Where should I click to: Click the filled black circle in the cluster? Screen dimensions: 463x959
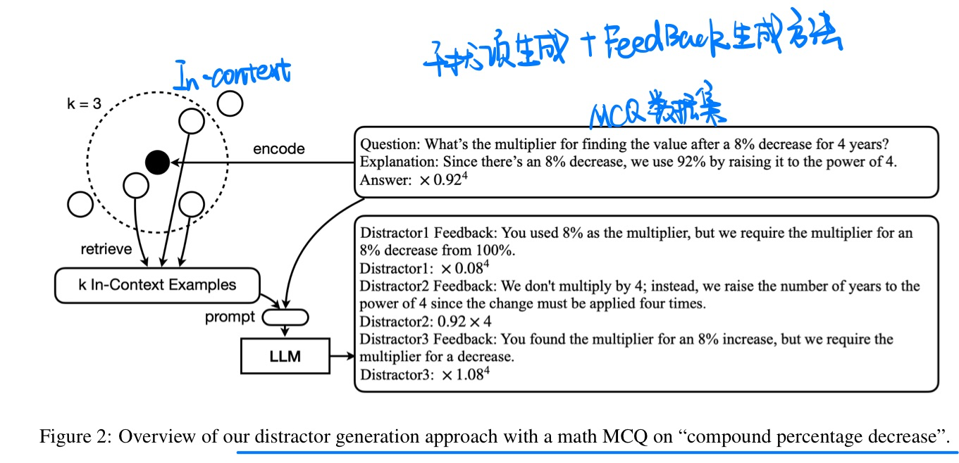click(157, 163)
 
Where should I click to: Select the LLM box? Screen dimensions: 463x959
click(285, 356)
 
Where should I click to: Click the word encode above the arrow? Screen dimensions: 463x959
click(279, 148)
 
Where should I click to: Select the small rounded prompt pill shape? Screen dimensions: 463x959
click(285, 317)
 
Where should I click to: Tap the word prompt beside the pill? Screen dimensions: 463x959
click(230, 317)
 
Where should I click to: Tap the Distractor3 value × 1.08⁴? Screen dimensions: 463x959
click(465, 374)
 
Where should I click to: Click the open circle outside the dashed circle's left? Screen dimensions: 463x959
click(80, 205)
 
